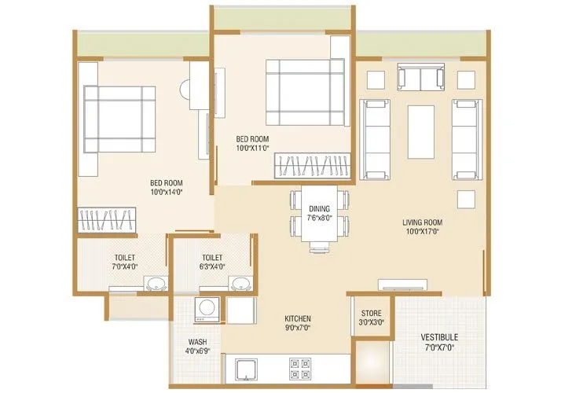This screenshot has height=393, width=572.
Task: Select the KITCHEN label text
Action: [299, 319]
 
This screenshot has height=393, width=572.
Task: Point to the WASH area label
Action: [197, 342]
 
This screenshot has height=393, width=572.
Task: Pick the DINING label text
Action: [319, 208]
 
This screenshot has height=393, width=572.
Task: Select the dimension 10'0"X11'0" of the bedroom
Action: [252, 148]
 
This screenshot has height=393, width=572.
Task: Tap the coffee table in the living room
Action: [423, 130]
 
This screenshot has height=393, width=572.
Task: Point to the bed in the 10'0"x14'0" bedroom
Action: [119, 118]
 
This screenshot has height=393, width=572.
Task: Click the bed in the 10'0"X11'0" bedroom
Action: [305, 92]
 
